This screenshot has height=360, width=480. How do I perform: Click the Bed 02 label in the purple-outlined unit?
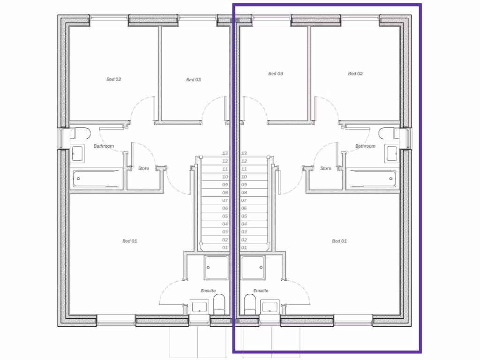pos(355,74)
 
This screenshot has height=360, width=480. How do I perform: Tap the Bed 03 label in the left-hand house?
pos(193,80)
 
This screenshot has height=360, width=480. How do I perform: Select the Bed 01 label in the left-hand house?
pos(129,241)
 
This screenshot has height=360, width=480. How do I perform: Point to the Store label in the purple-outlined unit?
pos(325,168)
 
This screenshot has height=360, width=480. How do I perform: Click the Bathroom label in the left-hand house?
pos(104,146)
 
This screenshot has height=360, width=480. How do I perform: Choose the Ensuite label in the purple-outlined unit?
pos(261,291)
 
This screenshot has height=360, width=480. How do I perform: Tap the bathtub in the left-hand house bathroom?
pos(97,179)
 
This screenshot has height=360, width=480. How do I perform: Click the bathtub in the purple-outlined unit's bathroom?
pos(371,179)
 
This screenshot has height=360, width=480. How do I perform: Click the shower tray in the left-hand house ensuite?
pos(216,267)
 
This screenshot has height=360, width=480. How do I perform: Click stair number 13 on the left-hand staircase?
pos(225,153)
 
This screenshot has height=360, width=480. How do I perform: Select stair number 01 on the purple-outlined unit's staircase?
pos(244,247)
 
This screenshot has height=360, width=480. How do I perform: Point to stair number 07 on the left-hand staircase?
pos(225,200)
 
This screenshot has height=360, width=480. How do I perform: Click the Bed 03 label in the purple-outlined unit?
pos(275,74)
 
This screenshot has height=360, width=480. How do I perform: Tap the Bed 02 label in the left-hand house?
pos(113,80)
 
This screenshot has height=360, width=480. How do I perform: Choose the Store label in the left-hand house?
pos(143,168)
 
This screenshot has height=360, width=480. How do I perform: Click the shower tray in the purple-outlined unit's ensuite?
pos(253,267)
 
